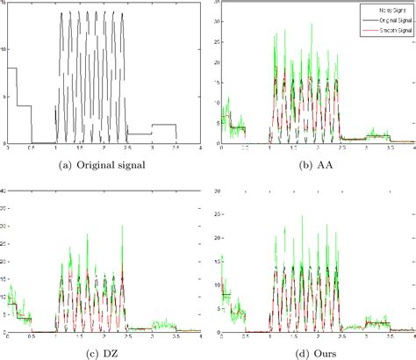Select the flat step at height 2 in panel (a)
[163, 125]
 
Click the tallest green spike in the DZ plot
[111, 234]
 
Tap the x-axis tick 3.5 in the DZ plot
[176, 337]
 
